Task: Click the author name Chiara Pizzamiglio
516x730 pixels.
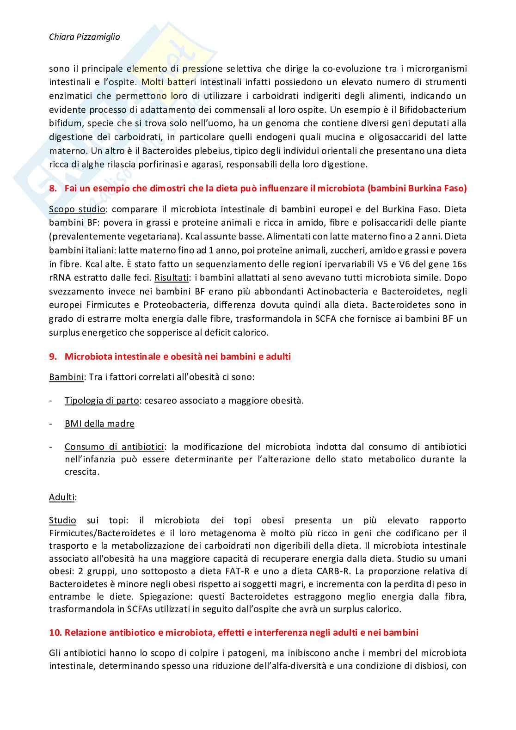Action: [x=84, y=37]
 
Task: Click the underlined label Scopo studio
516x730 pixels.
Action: [x=77, y=209]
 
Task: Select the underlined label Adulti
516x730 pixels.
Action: [x=62, y=497]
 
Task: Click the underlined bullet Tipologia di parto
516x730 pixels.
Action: [x=101, y=400]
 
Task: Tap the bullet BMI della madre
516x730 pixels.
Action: [x=99, y=423]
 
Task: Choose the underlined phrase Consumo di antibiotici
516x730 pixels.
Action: [x=114, y=447]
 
